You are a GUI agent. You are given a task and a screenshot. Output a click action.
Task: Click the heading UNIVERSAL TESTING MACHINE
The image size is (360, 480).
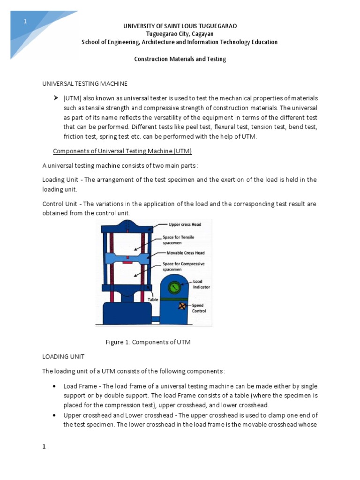pyautogui.click(x=85, y=83)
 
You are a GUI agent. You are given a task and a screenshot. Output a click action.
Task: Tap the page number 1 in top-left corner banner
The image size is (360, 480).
pyautogui.click(x=25, y=22)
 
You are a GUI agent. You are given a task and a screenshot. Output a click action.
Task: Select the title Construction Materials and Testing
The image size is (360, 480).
pyautogui.click(x=180, y=59)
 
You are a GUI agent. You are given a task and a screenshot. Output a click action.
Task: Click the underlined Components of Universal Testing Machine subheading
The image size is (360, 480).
pyautogui.click(x=122, y=151)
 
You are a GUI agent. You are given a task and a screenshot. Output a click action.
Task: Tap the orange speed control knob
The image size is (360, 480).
pyautogui.click(x=181, y=306)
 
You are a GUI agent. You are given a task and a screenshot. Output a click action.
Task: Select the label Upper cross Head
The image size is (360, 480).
pyautogui.click(x=185, y=225)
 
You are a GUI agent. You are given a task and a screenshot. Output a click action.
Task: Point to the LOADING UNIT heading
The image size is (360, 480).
pyautogui.click(x=63, y=357)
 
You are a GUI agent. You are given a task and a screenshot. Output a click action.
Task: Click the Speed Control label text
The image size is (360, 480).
pyautogui.click(x=199, y=308)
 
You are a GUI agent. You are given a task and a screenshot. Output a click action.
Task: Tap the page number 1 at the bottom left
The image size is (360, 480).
pyautogui.click(x=44, y=447)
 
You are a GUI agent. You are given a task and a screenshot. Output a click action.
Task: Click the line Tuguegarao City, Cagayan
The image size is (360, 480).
pyautogui.click(x=180, y=34)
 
